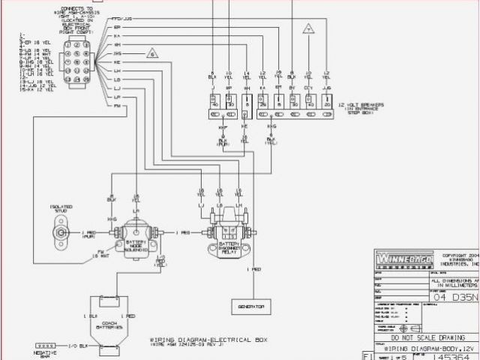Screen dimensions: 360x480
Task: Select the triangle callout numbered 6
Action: (x=152, y=54)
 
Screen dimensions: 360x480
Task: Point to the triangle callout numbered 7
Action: (x=307, y=29)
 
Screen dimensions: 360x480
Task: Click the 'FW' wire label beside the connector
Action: (x=118, y=106)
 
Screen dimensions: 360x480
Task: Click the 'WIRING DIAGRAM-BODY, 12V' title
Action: (x=424, y=348)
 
